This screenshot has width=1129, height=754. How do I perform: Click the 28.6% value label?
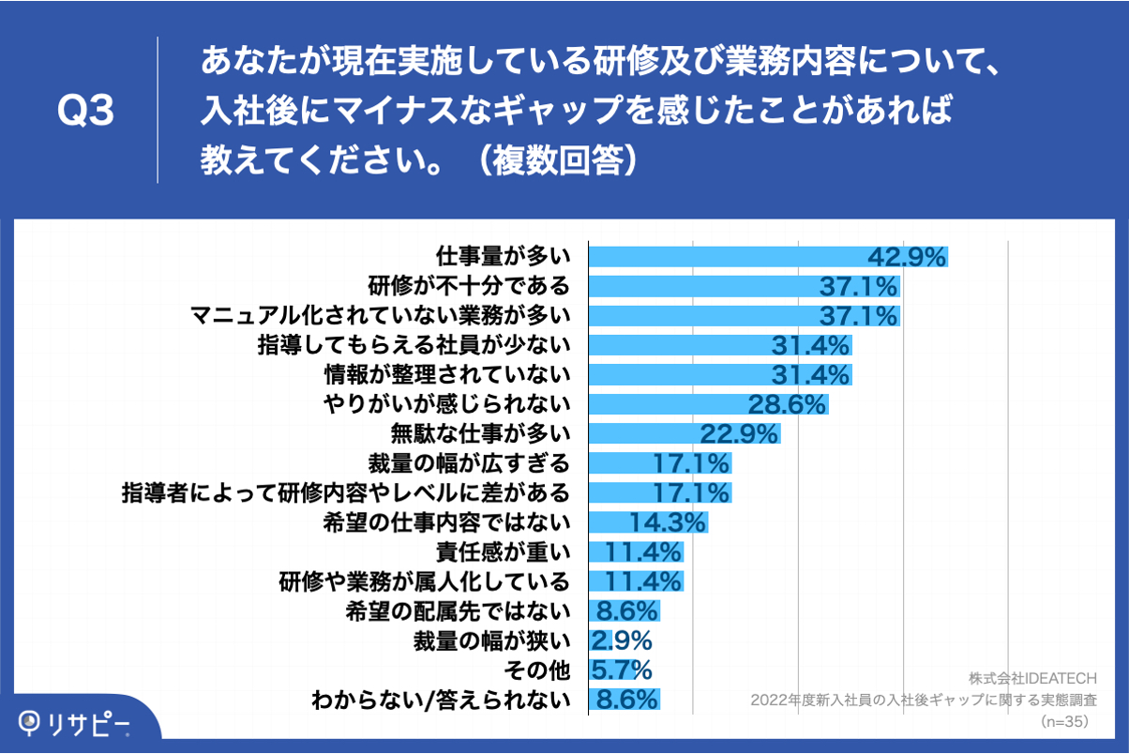787,404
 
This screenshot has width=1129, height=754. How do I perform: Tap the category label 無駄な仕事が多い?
480,433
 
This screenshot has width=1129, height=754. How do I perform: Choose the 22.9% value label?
740,433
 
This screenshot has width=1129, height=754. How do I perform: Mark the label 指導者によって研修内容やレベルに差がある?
345,492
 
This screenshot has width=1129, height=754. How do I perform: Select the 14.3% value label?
669,521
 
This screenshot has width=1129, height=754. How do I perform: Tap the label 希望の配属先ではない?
459,611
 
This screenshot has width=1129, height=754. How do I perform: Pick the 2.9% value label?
622,641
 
